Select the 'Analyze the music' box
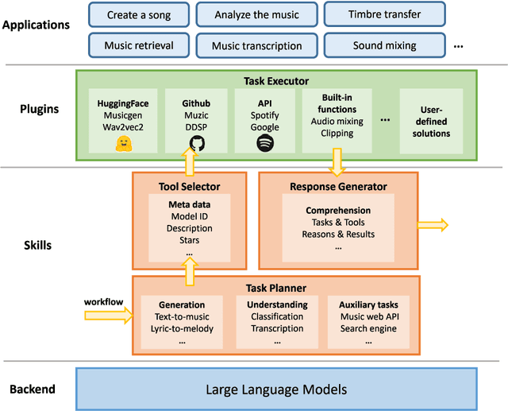(246, 14)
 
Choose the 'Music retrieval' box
(139, 45)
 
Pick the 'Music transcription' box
(256, 45)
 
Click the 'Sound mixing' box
(385, 45)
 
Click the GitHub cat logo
(196, 143)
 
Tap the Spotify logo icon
(265, 143)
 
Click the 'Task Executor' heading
(275, 81)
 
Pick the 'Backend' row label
(32, 389)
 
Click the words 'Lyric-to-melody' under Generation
(182, 328)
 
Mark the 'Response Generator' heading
(339, 186)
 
